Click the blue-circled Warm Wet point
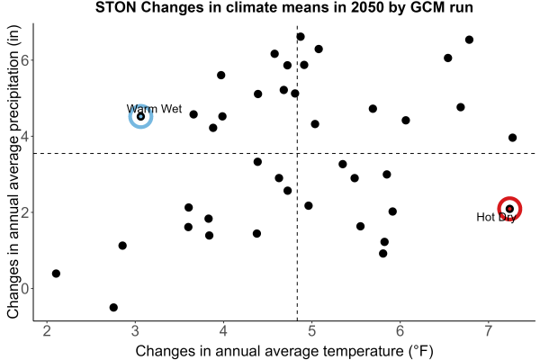click(140, 117)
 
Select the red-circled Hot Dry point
click(509, 209)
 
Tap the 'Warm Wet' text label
click(154, 109)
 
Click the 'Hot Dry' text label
click(496, 217)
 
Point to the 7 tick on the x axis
click(489, 331)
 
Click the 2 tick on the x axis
click(47, 331)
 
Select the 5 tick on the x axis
click(311, 331)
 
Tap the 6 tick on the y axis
click(25, 60)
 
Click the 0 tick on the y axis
click(25, 288)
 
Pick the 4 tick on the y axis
click(25, 136)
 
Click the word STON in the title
click(116, 7)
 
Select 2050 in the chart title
click(367, 7)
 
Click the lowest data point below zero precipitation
click(113, 307)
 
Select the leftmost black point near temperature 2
click(56, 274)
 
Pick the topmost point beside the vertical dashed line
click(301, 37)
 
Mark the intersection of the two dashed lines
click(297, 153)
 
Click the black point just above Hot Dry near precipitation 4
click(512, 138)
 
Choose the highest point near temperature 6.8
click(469, 40)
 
